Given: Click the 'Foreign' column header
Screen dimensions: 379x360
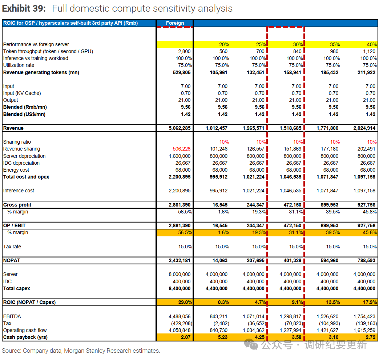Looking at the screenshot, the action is click(175, 23).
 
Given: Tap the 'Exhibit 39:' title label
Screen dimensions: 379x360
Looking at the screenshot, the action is click(24, 8).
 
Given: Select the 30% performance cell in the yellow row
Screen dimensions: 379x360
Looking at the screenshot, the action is click(298, 44).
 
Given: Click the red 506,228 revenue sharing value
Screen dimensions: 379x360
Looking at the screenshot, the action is click(182, 149).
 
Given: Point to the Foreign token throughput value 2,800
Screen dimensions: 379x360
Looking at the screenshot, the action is click(184, 51).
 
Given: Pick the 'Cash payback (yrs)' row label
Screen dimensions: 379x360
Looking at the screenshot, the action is click(25, 337).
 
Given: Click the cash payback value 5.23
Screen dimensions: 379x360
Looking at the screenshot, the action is click(222, 337).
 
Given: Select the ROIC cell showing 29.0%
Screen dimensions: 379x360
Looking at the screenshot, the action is click(185, 303).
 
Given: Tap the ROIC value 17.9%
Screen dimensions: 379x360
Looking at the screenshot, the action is click(370, 303).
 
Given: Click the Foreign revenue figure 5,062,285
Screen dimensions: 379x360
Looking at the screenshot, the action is click(180, 128).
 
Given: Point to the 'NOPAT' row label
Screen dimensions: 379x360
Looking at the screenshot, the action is click(12, 261).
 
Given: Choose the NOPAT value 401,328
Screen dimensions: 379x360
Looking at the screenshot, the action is click(293, 261).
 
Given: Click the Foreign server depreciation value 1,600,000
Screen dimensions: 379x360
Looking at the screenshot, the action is click(180, 156).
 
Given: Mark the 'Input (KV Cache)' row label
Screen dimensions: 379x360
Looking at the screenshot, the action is click(22, 93).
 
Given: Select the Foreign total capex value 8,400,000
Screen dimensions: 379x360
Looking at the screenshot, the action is click(180, 288).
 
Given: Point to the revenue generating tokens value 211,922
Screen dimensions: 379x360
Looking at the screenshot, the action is click(366, 72).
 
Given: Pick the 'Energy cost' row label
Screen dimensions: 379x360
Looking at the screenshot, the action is click(16, 170).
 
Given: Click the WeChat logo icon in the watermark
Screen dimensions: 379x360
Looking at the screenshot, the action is click(251, 344).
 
